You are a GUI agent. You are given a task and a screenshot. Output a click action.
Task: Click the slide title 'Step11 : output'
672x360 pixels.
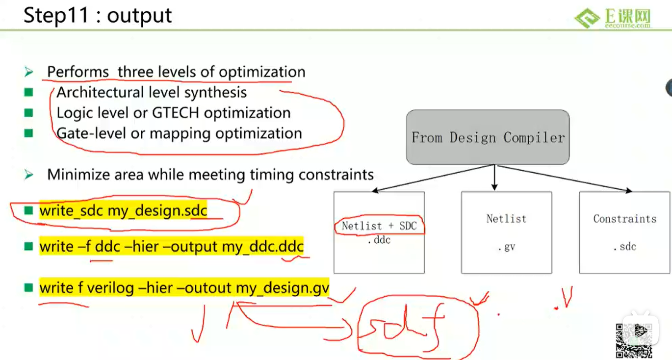pyautogui.click(x=98, y=16)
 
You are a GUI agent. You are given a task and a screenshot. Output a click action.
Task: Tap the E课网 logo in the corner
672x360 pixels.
pyautogui.click(x=613, y=18)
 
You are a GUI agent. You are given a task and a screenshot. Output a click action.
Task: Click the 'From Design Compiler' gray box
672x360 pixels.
pyautogui.click(x=488, y=137)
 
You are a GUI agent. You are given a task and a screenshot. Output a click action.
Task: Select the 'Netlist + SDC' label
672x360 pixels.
pyautogui.click(x=379, y=226)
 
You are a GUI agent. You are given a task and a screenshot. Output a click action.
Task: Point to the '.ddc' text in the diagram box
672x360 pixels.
pyautogui.click(x=379, y=240)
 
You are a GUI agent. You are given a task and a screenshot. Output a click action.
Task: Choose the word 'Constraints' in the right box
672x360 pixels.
pyautogui.click(x=625, y=219)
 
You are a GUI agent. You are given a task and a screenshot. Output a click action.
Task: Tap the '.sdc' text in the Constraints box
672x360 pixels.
pyautogui.click(x=625, y=247)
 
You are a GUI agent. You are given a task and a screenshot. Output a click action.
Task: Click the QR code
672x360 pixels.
pyautogui.click(x=634, y=340)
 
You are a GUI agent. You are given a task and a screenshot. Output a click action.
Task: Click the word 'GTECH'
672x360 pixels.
pyautogui.click(x=176, y=113)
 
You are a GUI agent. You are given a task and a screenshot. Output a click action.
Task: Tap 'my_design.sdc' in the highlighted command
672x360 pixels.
pyautogui.click(x=157, y=210)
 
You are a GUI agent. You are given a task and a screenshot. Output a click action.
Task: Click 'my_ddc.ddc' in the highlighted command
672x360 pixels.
pyautogui.click(x=263, y=247)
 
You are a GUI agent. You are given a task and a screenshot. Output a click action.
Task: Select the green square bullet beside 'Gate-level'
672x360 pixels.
pyautogui.click(x=28, y=133)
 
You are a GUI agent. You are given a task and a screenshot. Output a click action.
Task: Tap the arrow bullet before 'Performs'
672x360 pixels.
pyautogui.click(x=29, y=72)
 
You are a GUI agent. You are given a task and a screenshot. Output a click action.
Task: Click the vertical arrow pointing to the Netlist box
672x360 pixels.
pyautogui.click(x=494, y=177)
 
